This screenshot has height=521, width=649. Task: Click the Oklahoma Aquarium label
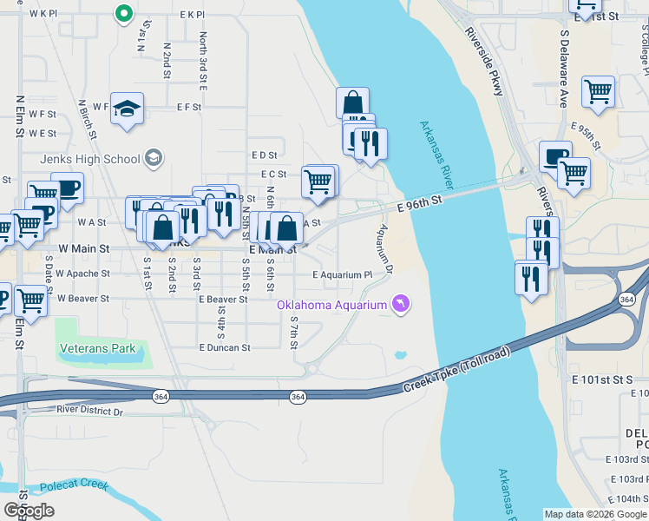[331, 305]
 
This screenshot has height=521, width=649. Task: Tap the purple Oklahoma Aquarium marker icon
[400, 304]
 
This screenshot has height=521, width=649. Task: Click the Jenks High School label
[90, 159]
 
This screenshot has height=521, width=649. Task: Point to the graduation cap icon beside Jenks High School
[154, 157]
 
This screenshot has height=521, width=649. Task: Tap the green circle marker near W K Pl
[123, 13]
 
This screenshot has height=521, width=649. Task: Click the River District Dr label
[90, 409]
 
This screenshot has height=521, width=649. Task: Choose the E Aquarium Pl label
[342, 274]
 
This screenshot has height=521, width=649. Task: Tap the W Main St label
[83, 248]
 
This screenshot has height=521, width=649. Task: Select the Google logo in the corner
[29, 511]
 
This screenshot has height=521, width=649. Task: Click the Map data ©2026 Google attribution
[595, 514]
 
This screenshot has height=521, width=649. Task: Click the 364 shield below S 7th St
[298, 396]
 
